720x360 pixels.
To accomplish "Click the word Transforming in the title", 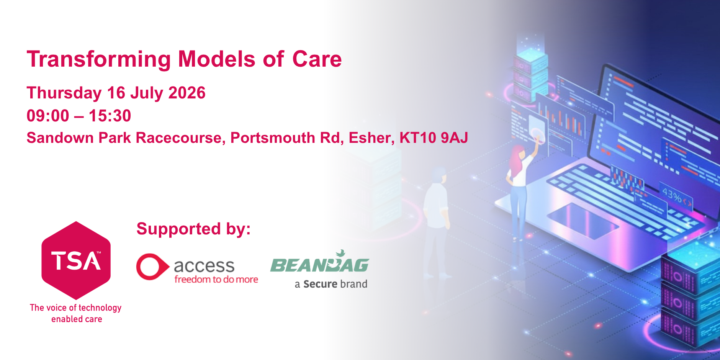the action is pos(99,60).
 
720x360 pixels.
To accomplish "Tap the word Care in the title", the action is pos(317,59).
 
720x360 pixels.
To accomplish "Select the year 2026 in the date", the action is pos(187,93).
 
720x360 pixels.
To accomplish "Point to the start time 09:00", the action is pos(48,116).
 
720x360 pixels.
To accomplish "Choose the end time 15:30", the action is pos(110,116).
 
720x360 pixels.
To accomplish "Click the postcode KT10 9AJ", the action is pos(434,138).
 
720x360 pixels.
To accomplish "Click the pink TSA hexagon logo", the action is pos(76,260).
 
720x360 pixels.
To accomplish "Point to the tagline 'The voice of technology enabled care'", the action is pos(76,313).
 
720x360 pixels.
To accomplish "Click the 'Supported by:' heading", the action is pos(193,229).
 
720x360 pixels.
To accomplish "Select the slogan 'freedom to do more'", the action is pos(216,279).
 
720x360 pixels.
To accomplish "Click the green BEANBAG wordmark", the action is pos(319,263).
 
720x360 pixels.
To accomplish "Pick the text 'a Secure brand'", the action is pos(331,284).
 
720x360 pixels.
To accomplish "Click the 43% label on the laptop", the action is pos(672,195).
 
